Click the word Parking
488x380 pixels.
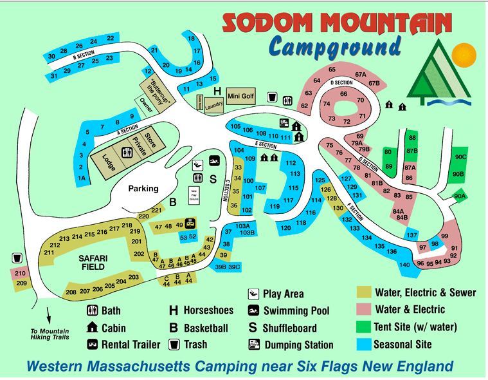[143, 189]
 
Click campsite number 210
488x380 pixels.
[20, 273]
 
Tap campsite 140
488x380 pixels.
[404, 265]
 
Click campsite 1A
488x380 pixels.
[82, 178]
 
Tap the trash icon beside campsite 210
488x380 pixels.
[16, 258]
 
